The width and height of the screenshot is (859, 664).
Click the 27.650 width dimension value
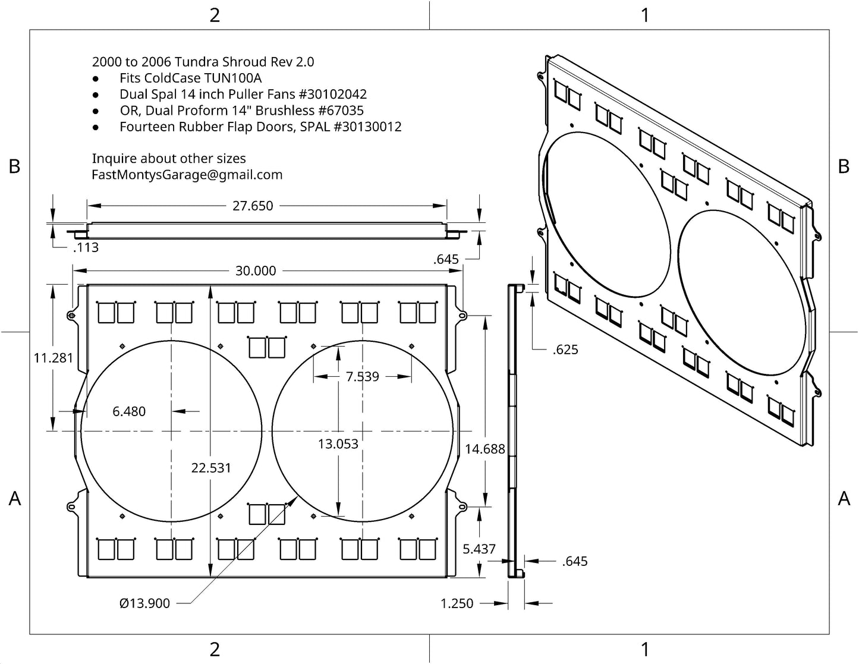tap(253, 206)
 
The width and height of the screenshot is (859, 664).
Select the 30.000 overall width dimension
tap(256, 270)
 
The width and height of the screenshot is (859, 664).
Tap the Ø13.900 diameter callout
tap(144, 603)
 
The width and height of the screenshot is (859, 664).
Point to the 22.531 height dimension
tap(211, 468)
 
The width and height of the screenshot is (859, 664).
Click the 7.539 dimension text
tap(362, 376)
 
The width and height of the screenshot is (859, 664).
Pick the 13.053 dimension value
tap(338, 443)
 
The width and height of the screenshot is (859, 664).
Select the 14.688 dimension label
tap(485, 449)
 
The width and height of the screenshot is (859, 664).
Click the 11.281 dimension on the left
tap(54, 358)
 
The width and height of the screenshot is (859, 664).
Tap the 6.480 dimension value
tap(129, 411)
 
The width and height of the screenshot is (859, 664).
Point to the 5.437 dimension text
tap(479, 549)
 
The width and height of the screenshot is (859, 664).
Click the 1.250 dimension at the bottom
tap(457, 603)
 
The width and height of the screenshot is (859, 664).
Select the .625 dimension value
tap(565, 350)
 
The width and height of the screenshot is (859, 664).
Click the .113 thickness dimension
tap(86, 247)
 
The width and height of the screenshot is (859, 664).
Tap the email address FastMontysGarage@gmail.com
tap(187, 175)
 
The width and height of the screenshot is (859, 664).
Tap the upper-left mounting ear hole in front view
tap(71, 316)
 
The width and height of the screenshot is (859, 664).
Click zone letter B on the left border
tap(14, 166)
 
